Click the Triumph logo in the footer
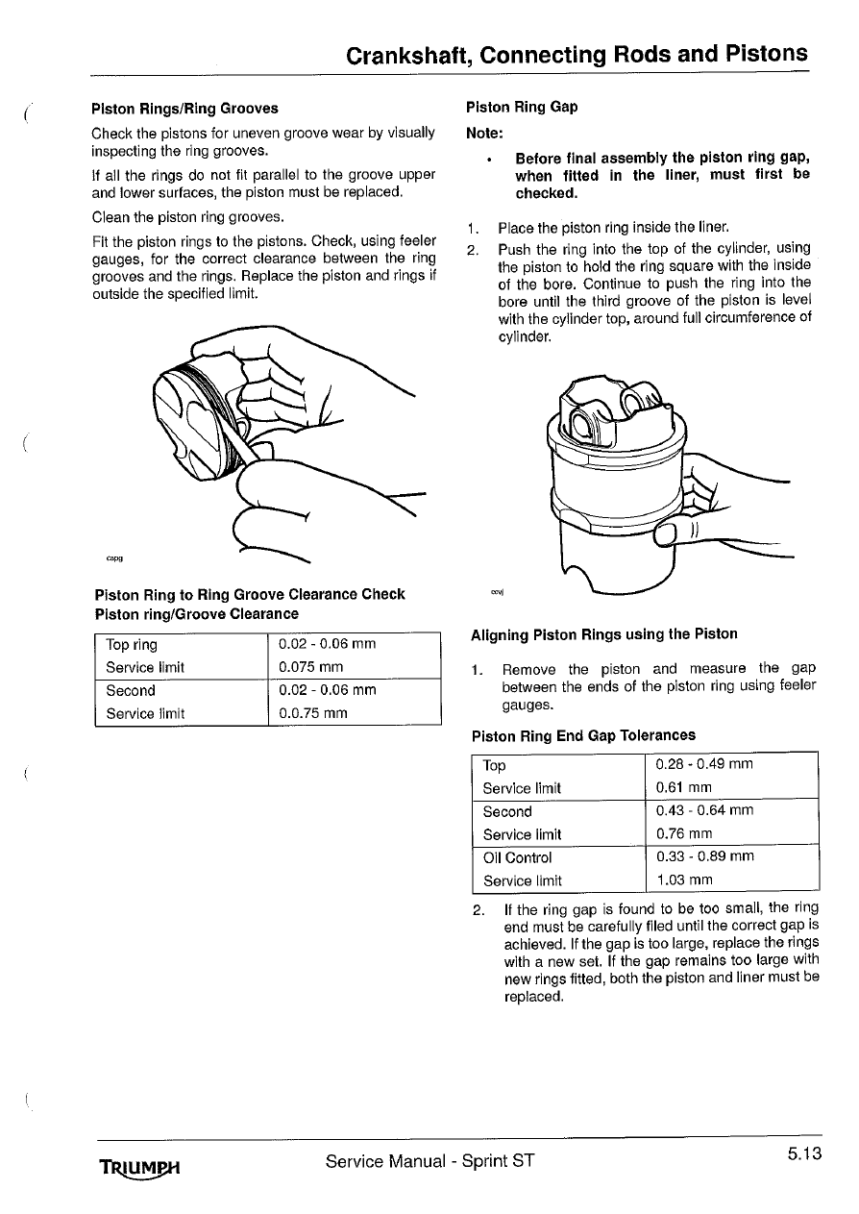(139, 1165)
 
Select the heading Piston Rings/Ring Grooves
(184, 109)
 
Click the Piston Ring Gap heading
(522, 107)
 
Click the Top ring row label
(132, 644)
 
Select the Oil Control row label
(517, 857)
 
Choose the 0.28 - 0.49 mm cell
(704, 763)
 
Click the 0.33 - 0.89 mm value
(705, 855)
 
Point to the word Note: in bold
(484, 133)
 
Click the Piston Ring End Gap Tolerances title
(583, 735)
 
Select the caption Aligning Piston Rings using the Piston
(604, 633)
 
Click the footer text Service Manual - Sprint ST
(429, 1160)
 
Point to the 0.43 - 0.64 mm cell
(704, 809)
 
